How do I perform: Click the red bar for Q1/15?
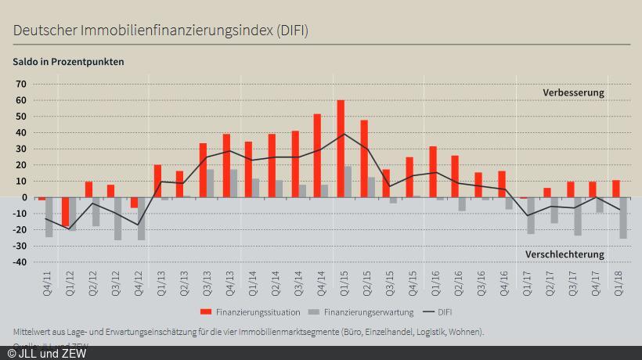(341, 149)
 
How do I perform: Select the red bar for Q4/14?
(317, 156)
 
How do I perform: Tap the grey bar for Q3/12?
(118, 218)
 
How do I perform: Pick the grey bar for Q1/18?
(623, 218)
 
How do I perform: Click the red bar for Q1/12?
(65, 212)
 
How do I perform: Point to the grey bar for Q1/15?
(348, 182)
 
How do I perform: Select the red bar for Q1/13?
(157, 181)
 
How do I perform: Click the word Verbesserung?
(574, 92)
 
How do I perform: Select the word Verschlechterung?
(564, 254)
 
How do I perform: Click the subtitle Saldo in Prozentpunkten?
(68, 61)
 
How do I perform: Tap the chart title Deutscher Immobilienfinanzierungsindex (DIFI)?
(160, 31)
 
